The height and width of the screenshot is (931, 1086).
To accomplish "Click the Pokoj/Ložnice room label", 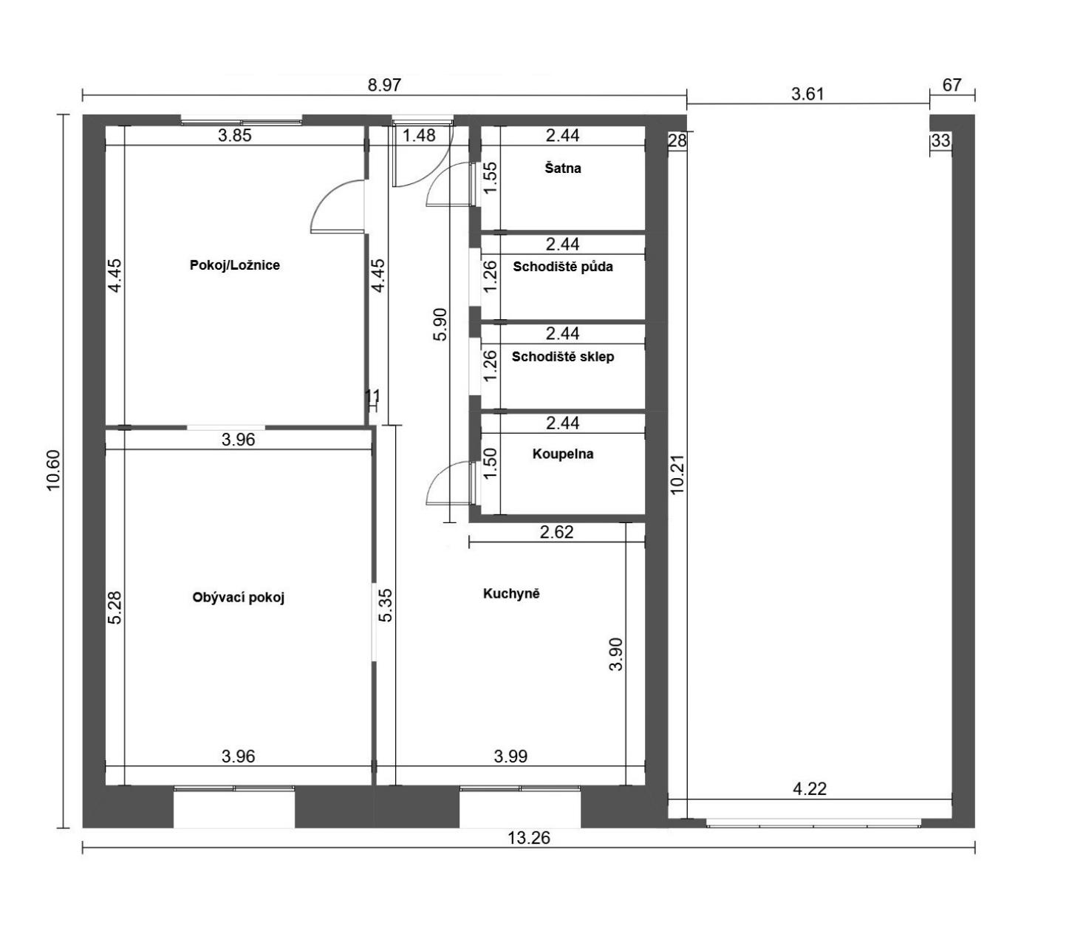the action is [x=235, y=265].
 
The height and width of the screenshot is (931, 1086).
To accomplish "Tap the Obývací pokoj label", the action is [x=239, y=598].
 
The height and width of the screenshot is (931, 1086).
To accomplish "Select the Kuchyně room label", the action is [x=511, y=593].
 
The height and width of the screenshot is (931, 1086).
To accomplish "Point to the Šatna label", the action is [x=563, y=168].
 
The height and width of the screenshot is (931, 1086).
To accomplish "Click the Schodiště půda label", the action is [x=563, y=267].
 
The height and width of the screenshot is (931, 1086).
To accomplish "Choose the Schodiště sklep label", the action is [x=563, y=357].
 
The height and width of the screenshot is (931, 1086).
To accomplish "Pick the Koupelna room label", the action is [x=563, y=454].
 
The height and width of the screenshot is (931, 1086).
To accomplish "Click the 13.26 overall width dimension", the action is [x=528, y=837].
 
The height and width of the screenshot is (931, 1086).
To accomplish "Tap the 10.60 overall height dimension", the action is [x=55, y=471].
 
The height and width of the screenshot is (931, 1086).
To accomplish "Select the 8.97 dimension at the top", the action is [x=384, y=85].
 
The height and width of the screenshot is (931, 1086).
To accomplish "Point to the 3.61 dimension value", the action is [x=807, y=95].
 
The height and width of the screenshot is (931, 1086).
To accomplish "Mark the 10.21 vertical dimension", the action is [x=677, y=474].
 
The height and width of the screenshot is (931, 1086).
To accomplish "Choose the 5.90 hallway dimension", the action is [x=441, y=324].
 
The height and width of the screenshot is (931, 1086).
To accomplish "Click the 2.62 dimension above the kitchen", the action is [x=557, y=532].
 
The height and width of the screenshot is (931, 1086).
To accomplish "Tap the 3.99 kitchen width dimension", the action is [x=510, y=757].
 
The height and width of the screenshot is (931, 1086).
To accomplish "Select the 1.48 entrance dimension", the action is [x=419, y=135].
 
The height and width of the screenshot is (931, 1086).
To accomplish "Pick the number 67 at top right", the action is [x=952, y=85].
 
